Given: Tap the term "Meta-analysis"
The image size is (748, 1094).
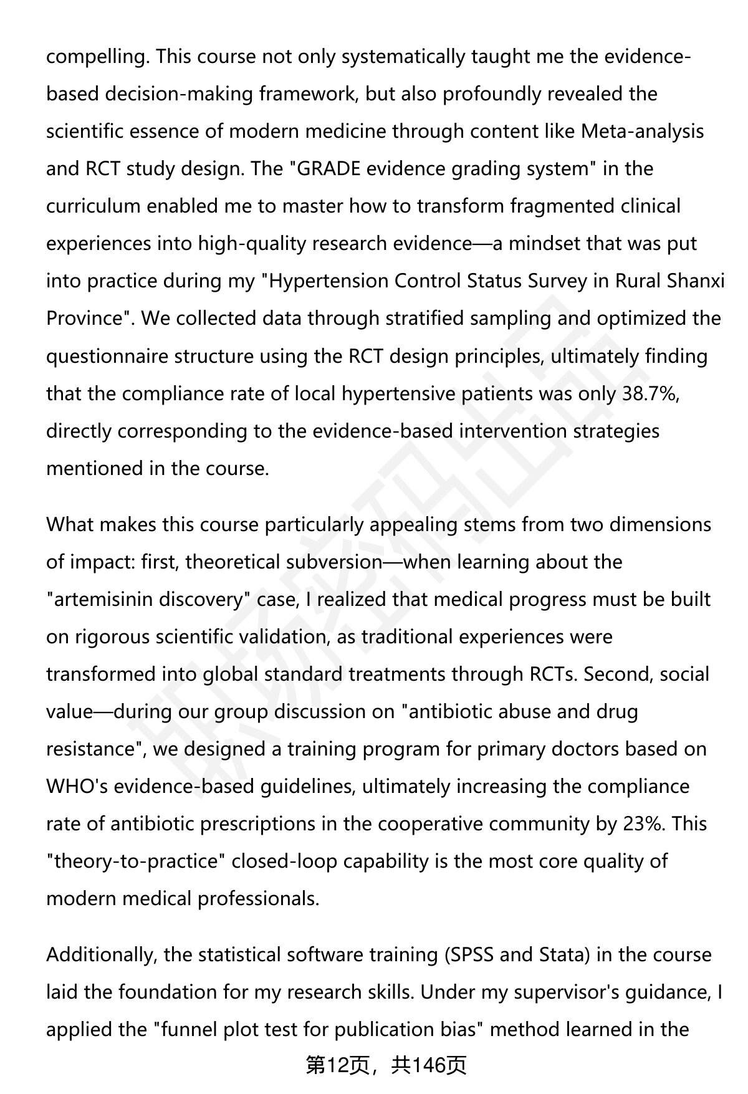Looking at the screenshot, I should [x=643, y=132].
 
